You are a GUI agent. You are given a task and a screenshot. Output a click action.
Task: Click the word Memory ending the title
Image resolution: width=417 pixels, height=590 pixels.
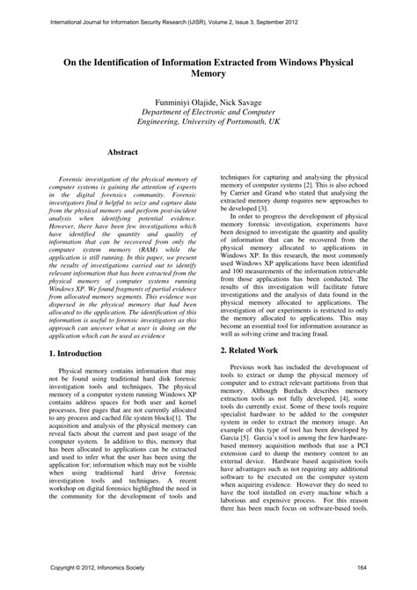pyautogui.click(x=208, y=77)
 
